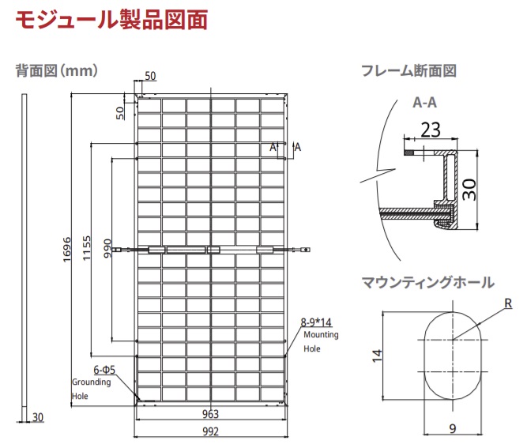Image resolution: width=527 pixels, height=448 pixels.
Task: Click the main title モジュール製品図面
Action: coord(111,20)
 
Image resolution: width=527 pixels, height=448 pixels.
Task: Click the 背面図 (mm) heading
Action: coord(57,71)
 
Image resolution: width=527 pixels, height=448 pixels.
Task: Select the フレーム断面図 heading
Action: coord(408,71)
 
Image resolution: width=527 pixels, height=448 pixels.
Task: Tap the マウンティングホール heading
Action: coord(428,282)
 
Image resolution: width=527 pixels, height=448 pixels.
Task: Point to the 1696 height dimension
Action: coord(67,250)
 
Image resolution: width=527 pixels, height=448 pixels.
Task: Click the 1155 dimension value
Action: coord(87,248)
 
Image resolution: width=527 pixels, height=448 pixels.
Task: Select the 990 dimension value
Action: coord(107,248)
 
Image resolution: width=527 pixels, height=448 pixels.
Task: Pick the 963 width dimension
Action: coord(210,414)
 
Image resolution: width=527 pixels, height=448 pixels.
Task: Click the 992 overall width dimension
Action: coord(210,431)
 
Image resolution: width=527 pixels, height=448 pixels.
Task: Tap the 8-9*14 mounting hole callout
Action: coord(316,322)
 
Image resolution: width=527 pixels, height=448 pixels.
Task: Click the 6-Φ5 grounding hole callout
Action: coord(104,370)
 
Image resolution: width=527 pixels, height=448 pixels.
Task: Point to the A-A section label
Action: coord(425,103)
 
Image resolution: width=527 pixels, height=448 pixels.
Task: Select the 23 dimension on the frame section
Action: coord(431,130)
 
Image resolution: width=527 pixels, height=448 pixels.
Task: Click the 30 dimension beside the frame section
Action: coord(469,190)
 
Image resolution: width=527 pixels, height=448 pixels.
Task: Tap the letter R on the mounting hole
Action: coord(508,303)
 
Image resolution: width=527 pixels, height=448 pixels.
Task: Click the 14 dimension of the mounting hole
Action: coord(377,356)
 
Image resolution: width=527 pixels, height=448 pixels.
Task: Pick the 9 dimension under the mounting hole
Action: coord(453,428)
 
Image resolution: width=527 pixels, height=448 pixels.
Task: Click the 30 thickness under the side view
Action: coord(38,417)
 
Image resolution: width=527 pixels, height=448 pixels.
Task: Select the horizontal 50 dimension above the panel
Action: coord(150,76)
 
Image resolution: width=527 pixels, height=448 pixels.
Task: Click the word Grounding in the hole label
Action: coord(92,382)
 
